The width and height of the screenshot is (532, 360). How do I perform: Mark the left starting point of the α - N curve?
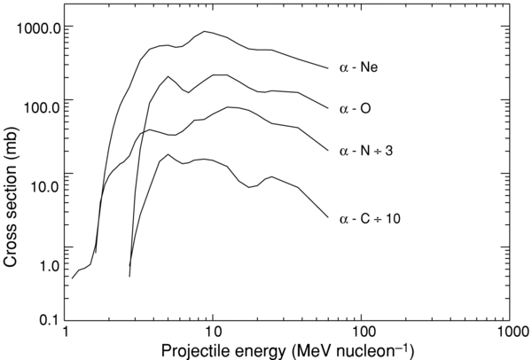[x=72, y=278]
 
